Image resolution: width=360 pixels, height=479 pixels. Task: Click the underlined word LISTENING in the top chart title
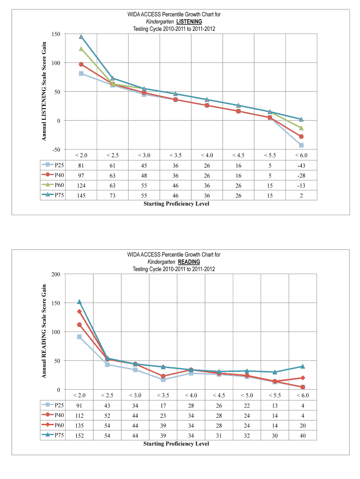click(x=189, y=22)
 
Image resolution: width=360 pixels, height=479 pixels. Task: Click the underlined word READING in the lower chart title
click(x=188, y=261)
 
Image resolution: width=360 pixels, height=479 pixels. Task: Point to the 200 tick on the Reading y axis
click(x=56, y=274)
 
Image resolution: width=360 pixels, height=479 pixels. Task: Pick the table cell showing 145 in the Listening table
click(x=81, y=196)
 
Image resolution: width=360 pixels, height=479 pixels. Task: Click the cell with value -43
click(x=301, y=165)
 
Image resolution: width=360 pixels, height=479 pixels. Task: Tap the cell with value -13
click(x=301, y=185)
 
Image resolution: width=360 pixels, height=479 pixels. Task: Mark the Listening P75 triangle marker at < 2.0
click(x=81, y=36)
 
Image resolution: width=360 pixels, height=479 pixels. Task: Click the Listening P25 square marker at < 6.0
click(x=302, y=145)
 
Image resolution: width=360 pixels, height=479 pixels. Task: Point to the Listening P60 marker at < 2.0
click(x=81, y=49)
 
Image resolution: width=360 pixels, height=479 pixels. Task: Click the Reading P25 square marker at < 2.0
click(x=79, y=337)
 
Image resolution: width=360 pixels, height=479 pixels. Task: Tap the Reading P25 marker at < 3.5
click(x=163, y=379)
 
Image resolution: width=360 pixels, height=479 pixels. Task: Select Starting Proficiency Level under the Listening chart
click(x=176, y=203)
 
